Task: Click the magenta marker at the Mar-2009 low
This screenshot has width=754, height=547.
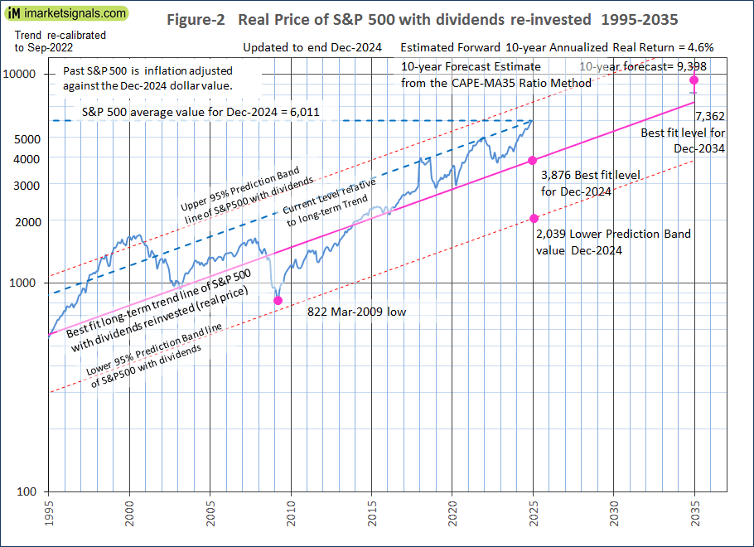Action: tap(278, 300)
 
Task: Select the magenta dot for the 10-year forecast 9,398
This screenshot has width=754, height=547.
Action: tap(694, 80)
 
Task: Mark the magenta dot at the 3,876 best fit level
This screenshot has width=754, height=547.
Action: tap(533, 160)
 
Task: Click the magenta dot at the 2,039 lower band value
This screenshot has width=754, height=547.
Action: tap(534, 218)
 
